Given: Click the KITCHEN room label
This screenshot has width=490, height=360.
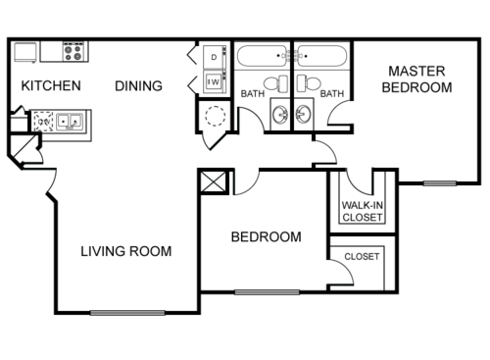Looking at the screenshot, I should coord(51,85).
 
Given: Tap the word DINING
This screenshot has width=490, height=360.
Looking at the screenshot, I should coord(138,85).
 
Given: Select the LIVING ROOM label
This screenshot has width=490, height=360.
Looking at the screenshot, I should coord(125,251).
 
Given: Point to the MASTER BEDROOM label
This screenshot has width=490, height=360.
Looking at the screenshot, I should coord(419,78).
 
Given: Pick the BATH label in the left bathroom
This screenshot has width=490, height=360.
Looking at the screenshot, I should coord(253,94).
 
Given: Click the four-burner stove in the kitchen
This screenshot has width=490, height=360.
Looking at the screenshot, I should coord(74,52).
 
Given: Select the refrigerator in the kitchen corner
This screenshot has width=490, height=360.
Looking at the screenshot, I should coord(25,52).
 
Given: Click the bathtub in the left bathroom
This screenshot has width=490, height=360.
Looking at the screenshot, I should coord(261,56).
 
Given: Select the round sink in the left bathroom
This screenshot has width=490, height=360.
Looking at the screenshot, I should coord(279,114).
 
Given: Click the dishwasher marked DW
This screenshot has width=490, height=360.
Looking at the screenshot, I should coord(42,123).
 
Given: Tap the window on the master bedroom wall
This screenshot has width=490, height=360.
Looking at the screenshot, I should coord(440,182).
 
